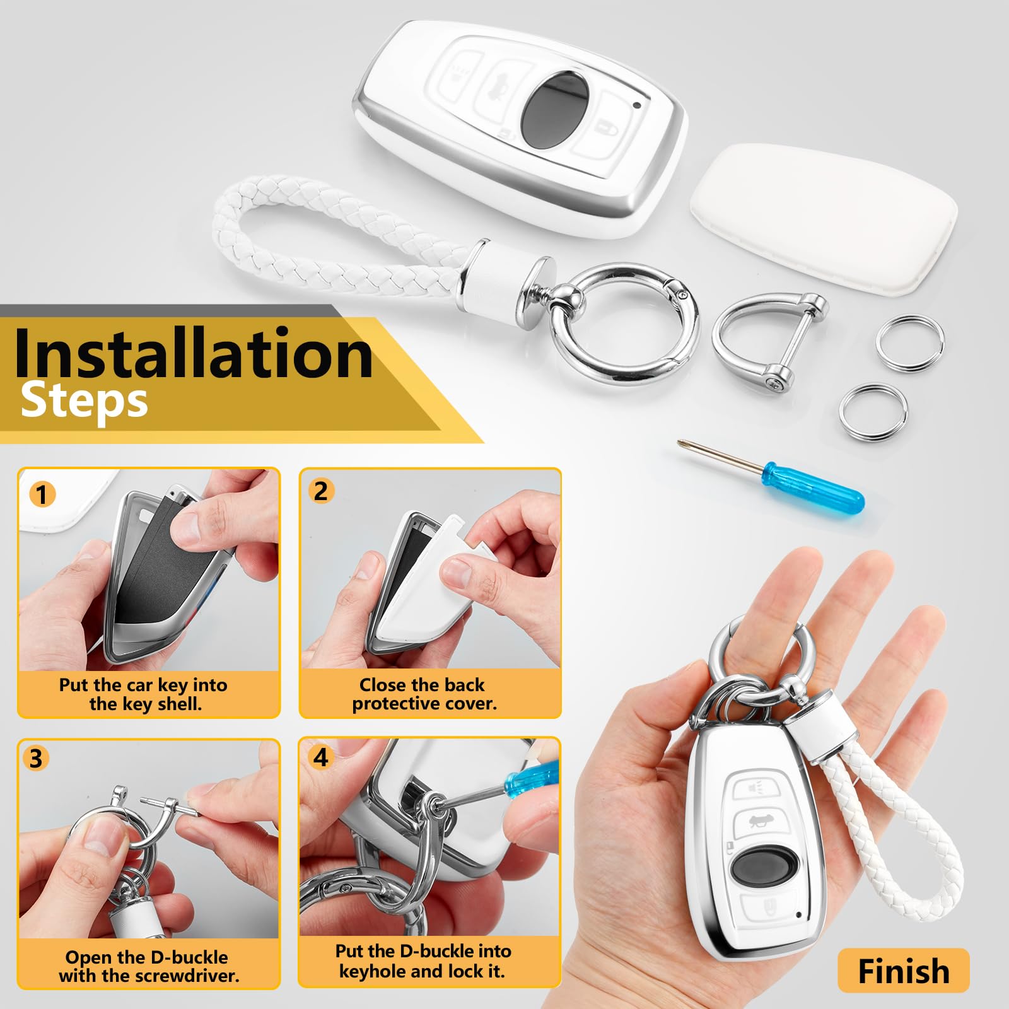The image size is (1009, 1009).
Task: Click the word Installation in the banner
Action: click(193, 353)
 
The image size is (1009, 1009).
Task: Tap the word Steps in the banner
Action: click(85, 402)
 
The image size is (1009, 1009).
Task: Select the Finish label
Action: click(903, 971)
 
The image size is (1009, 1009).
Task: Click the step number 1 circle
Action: click(42, 495)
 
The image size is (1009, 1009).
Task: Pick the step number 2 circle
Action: click(321, 491)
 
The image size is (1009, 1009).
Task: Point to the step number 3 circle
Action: click(36, 759)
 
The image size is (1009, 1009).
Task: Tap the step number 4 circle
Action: click(321, 757)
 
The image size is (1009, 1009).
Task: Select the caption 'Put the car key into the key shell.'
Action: click(144, 694)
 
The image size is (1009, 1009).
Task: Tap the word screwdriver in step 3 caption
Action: click(187, 976)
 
